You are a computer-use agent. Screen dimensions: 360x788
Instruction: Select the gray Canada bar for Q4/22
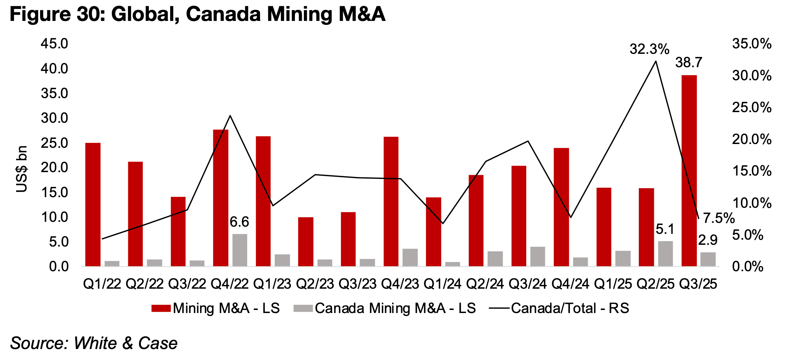pyautogui.click(x=240, y=250)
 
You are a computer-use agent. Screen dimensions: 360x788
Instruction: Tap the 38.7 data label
pyautogui.click(x=689, y=63)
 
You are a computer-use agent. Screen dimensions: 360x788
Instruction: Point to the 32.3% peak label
pyautogui.click(x=649, y=49)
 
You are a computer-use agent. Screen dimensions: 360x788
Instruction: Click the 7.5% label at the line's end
pyautogui.click(x=718, y=218)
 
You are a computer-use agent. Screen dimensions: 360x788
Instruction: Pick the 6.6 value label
pyautogui.click(x=239, y=222)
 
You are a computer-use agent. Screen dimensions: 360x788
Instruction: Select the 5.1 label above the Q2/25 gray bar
pyautogui.click(x=665, y=229)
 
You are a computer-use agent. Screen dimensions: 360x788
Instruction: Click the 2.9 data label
pyautogui.click(x=708, y=240)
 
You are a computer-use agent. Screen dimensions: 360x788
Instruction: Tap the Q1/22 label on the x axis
pyautogui.click(x=102, y=284)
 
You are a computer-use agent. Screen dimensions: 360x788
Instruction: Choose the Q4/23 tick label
pyautogui.click(x=400, y=284)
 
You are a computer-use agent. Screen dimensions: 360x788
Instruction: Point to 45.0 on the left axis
pyautogui.click(x=55, y=44)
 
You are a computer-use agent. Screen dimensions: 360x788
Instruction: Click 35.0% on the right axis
pyautogui.click(x=752, y=44)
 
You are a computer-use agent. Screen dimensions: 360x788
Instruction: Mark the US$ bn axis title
pyautogui.click(x=22, y=169)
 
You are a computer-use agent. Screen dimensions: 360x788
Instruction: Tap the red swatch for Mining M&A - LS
pyautogui.click(x=161, y=308)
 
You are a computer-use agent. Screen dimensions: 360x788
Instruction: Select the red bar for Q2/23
pyautogui.click(x=306, y=242)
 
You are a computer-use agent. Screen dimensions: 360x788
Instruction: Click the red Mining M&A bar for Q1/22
pyautogui.click(x=93, y=204)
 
